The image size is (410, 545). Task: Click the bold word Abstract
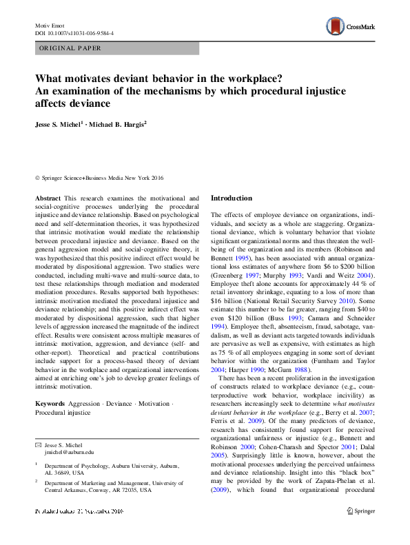[47, 198]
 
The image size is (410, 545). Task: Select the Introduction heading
[232, 198]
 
